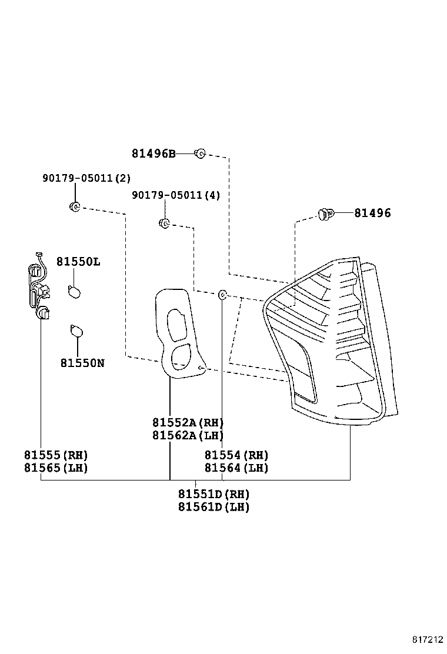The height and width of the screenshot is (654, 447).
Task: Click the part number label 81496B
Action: click(x=153, y=154)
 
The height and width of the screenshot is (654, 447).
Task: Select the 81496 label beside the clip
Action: click(x=372, y=213)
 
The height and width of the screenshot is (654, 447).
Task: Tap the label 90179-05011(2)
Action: click(x=86, y=178)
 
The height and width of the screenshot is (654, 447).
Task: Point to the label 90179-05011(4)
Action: click(x=175, y=195)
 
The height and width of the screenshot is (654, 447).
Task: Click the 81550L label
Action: click(x=78, y=262)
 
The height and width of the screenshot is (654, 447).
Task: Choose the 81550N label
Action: click(x=82, y=363)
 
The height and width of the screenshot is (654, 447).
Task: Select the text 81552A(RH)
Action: click(x=188, y=422)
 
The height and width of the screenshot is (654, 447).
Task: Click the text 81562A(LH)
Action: click(x=188, y=435)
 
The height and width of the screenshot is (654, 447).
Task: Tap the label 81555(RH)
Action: click(x=56, y=455)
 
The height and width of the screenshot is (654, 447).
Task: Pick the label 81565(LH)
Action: click(x=56, y=468)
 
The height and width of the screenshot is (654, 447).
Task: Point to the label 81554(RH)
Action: click(x=236, y=455)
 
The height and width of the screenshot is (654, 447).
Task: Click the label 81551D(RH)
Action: click(x=214, y=494)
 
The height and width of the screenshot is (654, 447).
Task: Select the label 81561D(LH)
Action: click(x=214, y=507)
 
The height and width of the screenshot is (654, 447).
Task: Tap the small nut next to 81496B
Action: click(x=199, y=154)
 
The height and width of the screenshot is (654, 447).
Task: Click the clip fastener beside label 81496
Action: click(x=325, y=214)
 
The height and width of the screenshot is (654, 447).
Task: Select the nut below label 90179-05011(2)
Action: click(x=75, y=206)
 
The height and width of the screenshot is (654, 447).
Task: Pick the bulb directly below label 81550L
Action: click(x=74, y=291)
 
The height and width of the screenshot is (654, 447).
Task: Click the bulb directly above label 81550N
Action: click(x=75, y=332)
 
